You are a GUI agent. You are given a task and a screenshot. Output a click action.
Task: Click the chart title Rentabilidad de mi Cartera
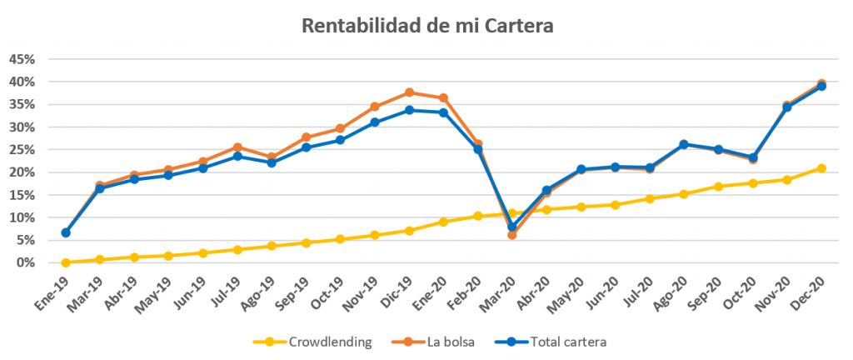click(x=426, y=26)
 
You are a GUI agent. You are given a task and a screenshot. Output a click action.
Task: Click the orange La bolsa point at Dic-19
click(x=409, y=92)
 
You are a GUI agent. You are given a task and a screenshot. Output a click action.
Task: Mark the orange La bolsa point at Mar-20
click(x=512, y=235)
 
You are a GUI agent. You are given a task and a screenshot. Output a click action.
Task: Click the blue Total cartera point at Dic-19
click(x=409, y=110)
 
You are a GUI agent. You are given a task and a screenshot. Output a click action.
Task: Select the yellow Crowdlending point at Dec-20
click(x=821, y=168)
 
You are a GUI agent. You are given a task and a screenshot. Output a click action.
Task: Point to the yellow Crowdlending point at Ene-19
click(x=66, y=262)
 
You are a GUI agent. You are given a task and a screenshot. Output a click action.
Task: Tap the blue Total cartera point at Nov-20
click(x=787, y=107)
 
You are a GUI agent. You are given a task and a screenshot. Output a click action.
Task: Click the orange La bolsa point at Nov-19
click(x=375, y=107)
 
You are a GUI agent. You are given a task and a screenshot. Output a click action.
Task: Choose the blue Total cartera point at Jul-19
click(x=237, y=156)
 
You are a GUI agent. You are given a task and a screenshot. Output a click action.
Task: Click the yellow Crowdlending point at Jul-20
click(x=650, y=199)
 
